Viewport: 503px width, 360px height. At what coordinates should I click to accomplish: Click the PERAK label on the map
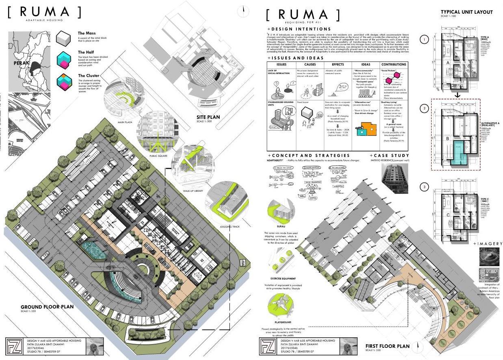click(x=20, y=63)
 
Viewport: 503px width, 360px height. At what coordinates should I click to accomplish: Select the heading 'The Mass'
click(x=87, y=33)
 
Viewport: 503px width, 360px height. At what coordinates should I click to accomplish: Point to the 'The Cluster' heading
click(x=89, y=76)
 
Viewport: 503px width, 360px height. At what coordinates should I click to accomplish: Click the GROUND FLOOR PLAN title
click(x=47, y=307)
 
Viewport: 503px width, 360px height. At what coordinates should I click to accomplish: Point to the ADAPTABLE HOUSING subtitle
click(x=44, y=20)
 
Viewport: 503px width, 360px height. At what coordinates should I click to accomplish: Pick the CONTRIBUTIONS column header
click(x=393, y=65)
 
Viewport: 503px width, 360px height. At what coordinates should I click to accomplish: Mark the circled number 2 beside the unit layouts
click(x=424, y=108)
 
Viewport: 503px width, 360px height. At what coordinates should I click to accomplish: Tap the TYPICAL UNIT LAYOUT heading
click(x=466, y=12)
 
